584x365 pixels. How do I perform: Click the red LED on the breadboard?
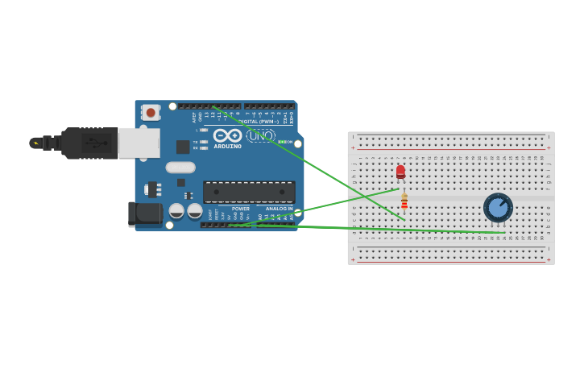pos(400,171)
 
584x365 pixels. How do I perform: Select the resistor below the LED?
pos(404,201)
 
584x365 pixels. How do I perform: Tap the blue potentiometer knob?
pos(498,208)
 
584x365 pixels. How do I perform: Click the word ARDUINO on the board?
pos(227,147)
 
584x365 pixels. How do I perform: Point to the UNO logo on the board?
pos(260,135)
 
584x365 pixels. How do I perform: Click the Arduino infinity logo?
pos(227,135)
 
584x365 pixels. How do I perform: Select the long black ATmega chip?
pos(249,191)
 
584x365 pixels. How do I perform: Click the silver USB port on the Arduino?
pos(139,143)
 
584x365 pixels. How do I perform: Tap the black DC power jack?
pos(144,214)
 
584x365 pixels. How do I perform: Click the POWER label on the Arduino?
pos(241,209)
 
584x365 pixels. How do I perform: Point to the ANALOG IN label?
pos(280,209)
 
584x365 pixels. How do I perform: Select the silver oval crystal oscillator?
pos(180,168)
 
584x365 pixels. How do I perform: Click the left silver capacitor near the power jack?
pos(176,211)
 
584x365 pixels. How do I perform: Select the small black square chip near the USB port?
pos(183,147)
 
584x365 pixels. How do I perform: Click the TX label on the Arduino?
pos(195,142)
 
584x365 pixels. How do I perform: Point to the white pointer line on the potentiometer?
pos(503,203)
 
